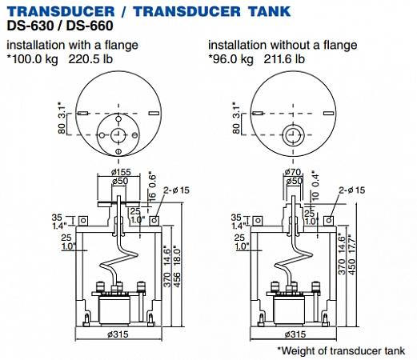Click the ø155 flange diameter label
[121, 172]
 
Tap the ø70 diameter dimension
[293, 172]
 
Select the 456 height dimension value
[177, 280]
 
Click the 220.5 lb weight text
[90, 59]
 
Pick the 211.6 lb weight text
[284, 59]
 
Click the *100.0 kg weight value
[32, 59]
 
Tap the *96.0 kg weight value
[231, 59]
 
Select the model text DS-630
[30, 26]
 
